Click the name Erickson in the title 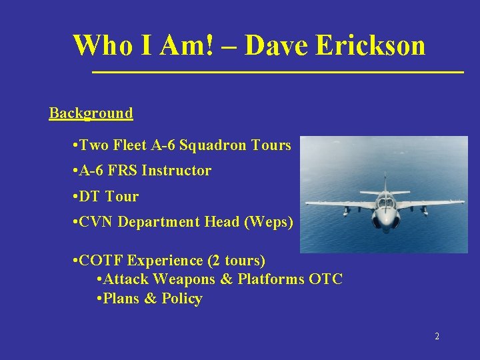click(370, 45)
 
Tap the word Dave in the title click(277, 45)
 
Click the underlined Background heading click(91, 113)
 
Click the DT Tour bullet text click(108, 197)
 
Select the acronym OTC click(326, 279)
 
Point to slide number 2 click(437, 337)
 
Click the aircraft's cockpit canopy click(385, 201)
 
